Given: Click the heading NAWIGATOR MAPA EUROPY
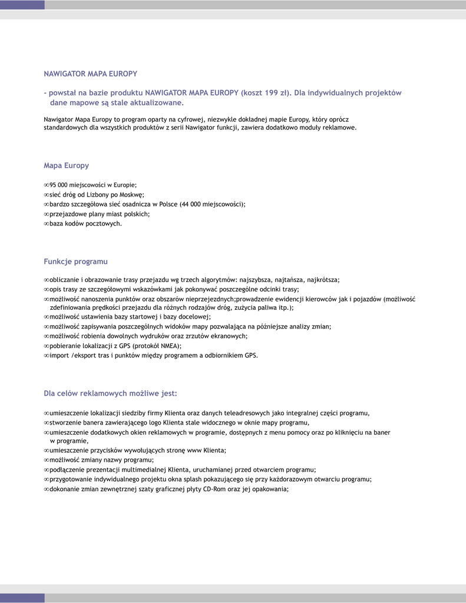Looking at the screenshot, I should pyautogui.click(x=91, y=74).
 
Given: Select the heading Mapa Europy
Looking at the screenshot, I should pyautogui.click(x=66, y=165).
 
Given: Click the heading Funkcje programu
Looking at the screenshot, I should pyautogui.click(x=75, y=261).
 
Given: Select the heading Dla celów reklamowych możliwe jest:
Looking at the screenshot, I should pyautogui.click(x=110, y=393).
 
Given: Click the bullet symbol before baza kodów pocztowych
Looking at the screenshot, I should pyautogui.click(x=47, y=224).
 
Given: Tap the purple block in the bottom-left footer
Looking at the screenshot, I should pyautogui.click(x=22, y=598).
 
